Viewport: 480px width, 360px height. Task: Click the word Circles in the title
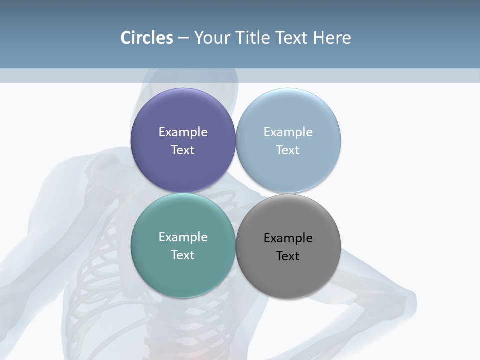point(146,38)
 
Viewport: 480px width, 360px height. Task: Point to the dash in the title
point(183,38)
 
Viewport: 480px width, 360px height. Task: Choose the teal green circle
point(183,272)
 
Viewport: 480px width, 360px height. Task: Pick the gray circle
point(288,275)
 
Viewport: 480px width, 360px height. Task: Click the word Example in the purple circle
point(183,132)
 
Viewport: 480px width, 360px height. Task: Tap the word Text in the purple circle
point(183,150)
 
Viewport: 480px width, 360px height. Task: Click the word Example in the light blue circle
point(288,132)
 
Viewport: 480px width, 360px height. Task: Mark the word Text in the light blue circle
point(288,150)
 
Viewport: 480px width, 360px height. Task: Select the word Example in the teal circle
point(183,237)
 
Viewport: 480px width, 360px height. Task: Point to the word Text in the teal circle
point(183,255)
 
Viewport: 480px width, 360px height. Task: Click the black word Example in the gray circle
point(288,238)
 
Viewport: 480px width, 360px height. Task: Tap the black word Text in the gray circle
point(288,256)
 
